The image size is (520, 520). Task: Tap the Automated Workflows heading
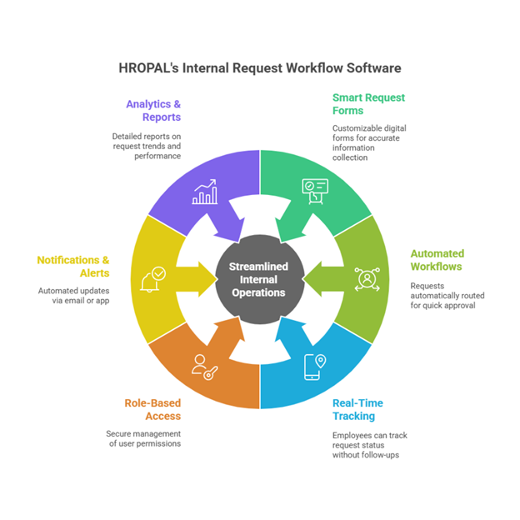point(437,260)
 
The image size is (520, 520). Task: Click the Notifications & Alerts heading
point(72,267)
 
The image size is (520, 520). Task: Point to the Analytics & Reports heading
point(153,111)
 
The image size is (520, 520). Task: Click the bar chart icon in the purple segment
point(204,192)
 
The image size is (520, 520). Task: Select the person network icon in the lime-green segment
point(366,278)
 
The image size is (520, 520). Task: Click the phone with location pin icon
point(314,365)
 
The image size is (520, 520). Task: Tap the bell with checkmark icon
point(154,278)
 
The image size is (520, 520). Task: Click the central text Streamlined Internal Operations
point(259,280)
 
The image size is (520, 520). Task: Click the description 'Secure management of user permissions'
point(142,438)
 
